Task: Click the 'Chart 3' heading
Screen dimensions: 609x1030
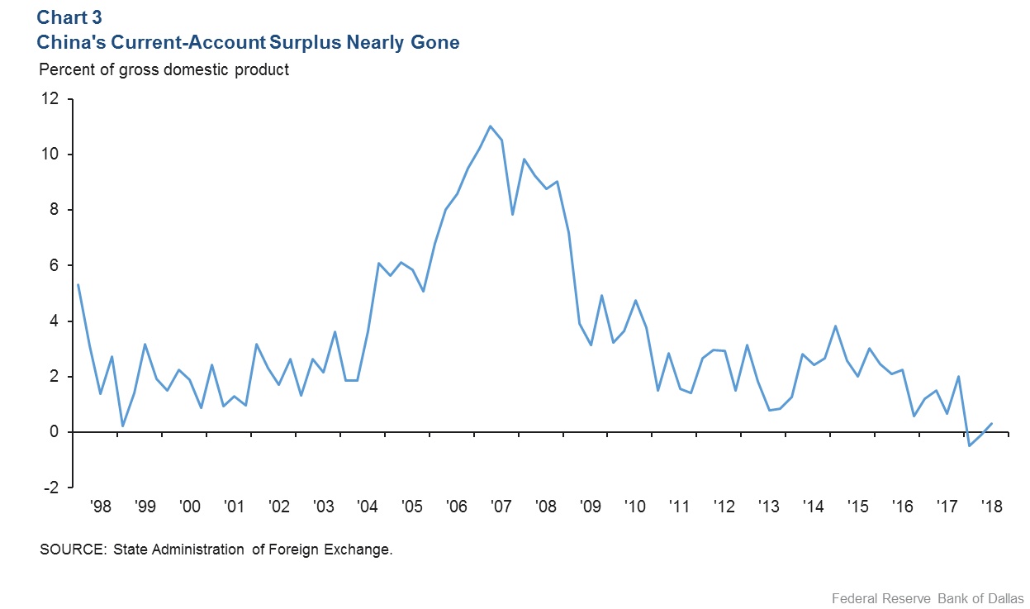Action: point(69,17)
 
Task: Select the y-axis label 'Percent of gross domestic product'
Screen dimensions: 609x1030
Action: point(164,69)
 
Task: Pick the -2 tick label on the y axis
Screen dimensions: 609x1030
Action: point(51,488)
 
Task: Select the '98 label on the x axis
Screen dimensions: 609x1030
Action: point(101,507)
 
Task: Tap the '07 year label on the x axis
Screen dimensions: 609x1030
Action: point(501,507)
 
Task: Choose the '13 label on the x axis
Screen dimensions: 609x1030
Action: point(768,507)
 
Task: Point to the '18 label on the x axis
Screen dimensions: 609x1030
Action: point(991,507)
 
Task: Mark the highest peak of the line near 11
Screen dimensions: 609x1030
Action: point(491,126)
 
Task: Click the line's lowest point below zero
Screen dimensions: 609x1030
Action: point(970,446)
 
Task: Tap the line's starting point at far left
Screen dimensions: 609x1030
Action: point(78,285)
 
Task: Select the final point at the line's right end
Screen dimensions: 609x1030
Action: point(992,423)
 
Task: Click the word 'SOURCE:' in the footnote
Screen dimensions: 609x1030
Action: point(70,550)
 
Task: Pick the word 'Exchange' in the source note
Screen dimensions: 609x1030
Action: point(361,550)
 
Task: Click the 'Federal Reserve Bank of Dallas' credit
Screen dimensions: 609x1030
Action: point(928,597)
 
